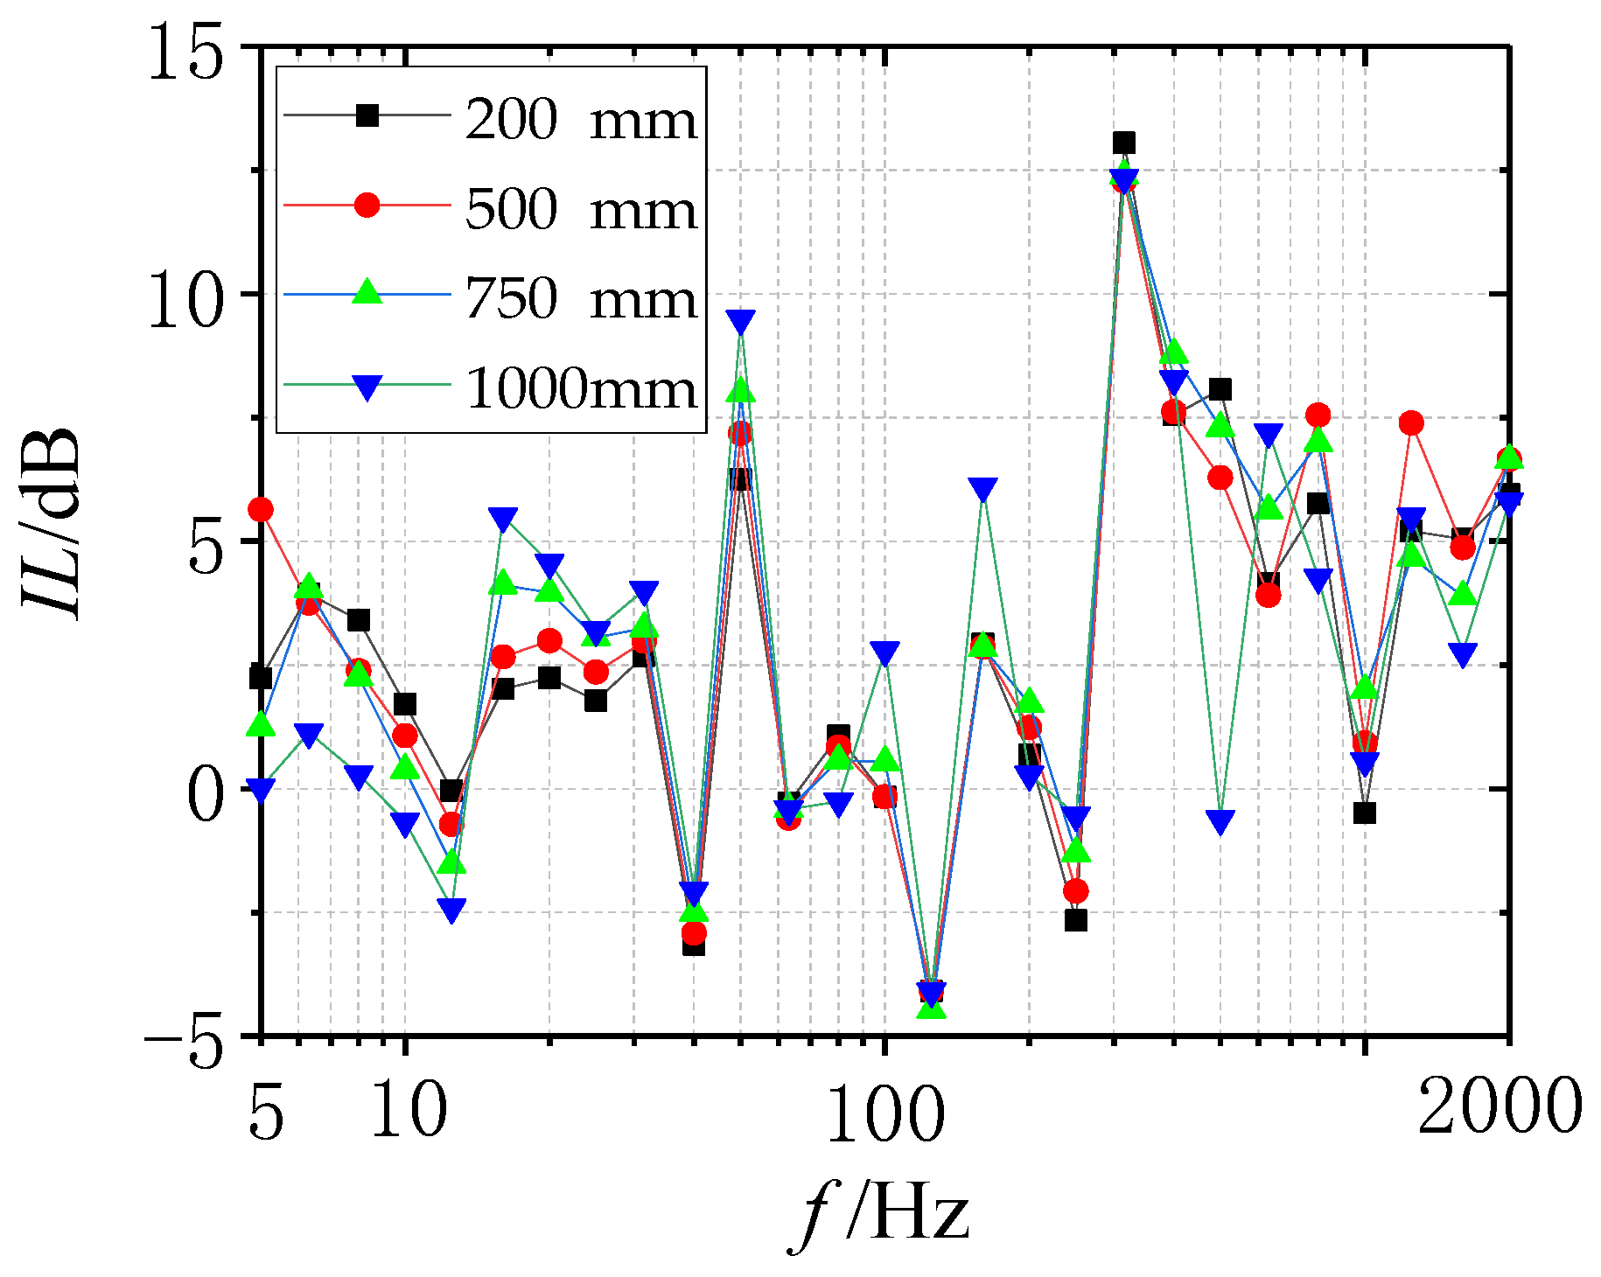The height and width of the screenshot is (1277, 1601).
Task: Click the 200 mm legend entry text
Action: click(581, 119)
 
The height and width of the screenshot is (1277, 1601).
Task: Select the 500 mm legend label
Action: click(581, 210)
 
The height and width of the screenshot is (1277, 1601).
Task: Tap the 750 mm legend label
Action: click(581, 299)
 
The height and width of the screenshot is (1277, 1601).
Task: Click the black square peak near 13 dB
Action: click(1124, 143)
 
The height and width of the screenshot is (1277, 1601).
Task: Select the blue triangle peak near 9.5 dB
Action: click(741, 321)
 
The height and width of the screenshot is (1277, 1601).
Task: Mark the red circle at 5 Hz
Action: click(261, 509)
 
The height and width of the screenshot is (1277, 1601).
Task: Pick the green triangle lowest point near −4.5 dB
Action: click(932, 1008)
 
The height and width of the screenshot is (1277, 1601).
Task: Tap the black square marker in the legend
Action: click(367, 115)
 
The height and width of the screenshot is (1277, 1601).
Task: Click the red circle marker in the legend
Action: click(367, 206)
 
